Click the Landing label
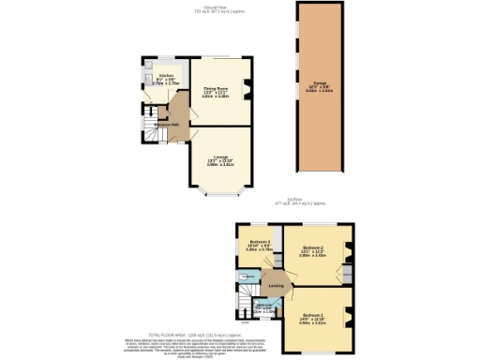276,285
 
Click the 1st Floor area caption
299,200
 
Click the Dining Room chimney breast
248,91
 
